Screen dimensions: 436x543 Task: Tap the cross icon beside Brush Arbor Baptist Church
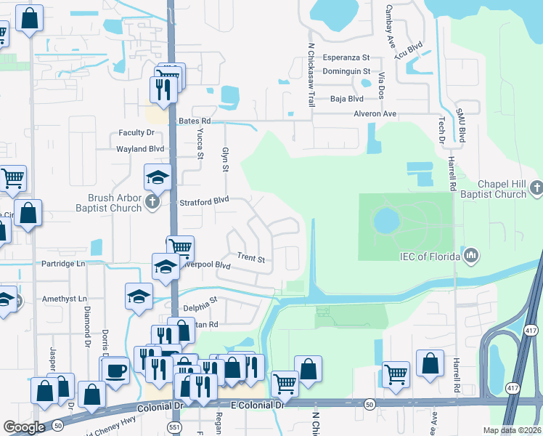tap(152, 201)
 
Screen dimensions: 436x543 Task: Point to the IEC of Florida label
tap(430, 256)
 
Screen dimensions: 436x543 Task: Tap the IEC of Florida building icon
tap(471, 255)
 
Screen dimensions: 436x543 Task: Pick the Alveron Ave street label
tap(375, 114)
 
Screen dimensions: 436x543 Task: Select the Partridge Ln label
tap(63, 263)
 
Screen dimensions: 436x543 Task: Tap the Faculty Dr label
tap(137, 133)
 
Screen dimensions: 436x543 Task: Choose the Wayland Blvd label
tap(141, 148)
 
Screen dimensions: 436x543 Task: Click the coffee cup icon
tap(115, 370)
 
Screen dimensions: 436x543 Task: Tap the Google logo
tap(24, 427)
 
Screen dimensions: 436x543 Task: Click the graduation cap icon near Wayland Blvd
tap(158, 177)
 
